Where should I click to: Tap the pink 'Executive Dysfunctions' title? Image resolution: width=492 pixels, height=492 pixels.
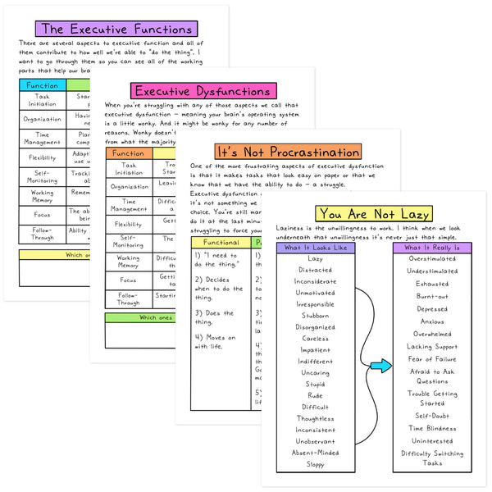pos(202,91)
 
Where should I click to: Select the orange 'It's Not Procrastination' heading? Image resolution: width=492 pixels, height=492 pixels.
pos(288,152)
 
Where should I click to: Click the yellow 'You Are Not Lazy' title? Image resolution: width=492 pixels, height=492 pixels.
pos(374,214)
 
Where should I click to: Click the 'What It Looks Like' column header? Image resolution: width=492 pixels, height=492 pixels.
pos(316,248)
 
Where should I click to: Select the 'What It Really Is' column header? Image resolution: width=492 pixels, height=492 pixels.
pos(432,248)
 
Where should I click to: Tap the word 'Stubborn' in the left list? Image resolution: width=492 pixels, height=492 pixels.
pos(316,316)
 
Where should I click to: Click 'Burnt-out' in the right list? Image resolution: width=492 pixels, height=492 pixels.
pos(432,296)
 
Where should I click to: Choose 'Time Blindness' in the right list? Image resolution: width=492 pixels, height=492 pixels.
pos(432,428)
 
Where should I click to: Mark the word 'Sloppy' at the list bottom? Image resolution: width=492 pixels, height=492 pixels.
pos(316,464)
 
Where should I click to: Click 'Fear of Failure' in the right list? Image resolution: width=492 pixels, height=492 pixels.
pos(432,359)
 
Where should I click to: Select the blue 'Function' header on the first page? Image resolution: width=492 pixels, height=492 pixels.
pos(42,84)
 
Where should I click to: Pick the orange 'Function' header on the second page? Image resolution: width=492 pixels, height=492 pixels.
pos(128,153)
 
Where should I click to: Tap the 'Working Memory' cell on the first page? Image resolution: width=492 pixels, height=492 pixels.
pos(42,197)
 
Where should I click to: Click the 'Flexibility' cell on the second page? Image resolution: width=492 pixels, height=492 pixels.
pos(128,223)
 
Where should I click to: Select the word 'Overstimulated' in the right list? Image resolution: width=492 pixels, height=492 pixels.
pos(432,259)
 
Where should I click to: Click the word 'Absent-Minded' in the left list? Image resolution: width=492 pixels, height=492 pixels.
pos(316,453)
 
